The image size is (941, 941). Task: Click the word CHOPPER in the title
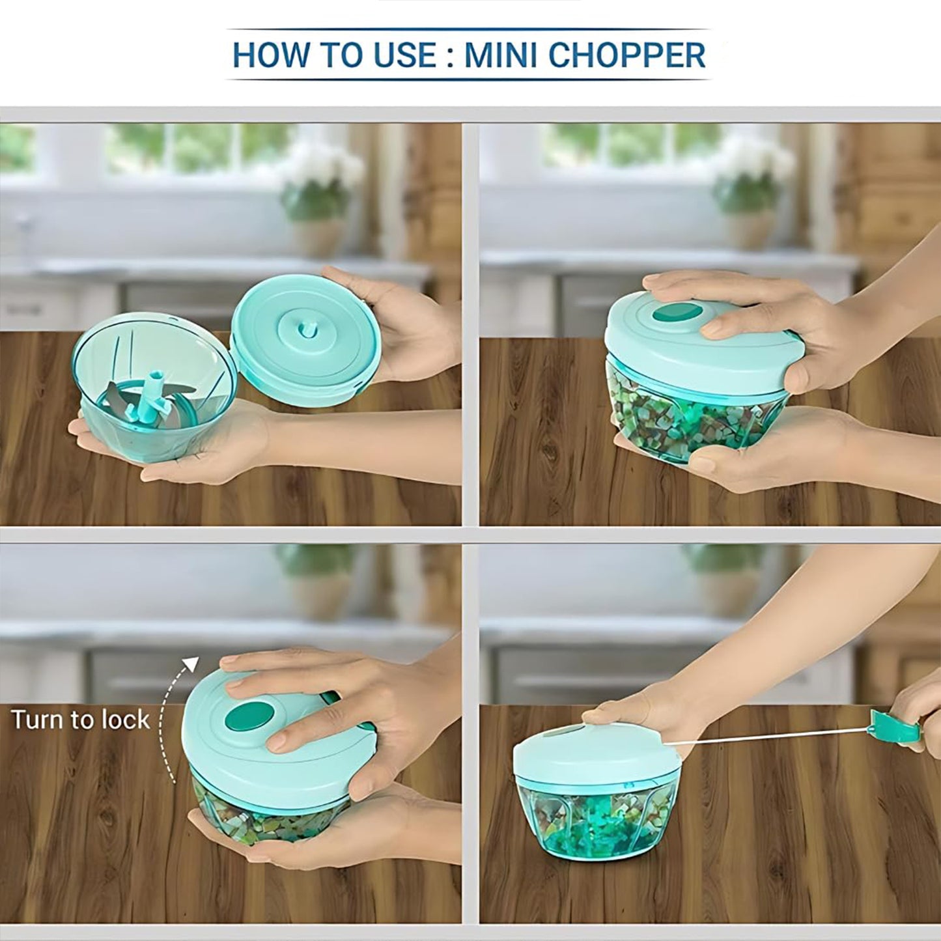tap(626, 55)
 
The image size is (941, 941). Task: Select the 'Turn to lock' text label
tap(80, 720)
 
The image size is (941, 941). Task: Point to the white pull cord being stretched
tap(768, 737)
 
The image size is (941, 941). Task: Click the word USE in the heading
tap(404, 55)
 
